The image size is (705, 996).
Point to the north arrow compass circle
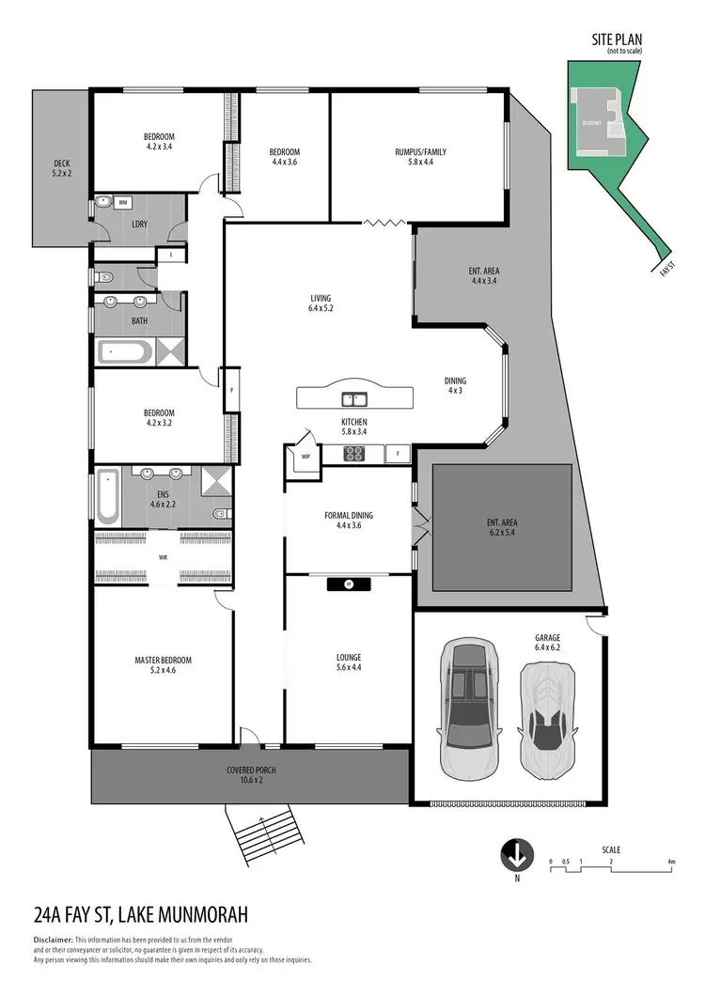515,856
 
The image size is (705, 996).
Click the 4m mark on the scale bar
671,861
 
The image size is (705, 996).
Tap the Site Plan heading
616,39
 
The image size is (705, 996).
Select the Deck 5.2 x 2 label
62,169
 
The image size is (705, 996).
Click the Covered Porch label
251,775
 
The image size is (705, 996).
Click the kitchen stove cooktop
356,454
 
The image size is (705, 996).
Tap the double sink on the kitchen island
353,397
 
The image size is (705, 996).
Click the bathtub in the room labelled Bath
124,353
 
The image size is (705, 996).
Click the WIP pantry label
305,457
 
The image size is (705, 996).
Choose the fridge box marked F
397,454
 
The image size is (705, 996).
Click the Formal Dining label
348,521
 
